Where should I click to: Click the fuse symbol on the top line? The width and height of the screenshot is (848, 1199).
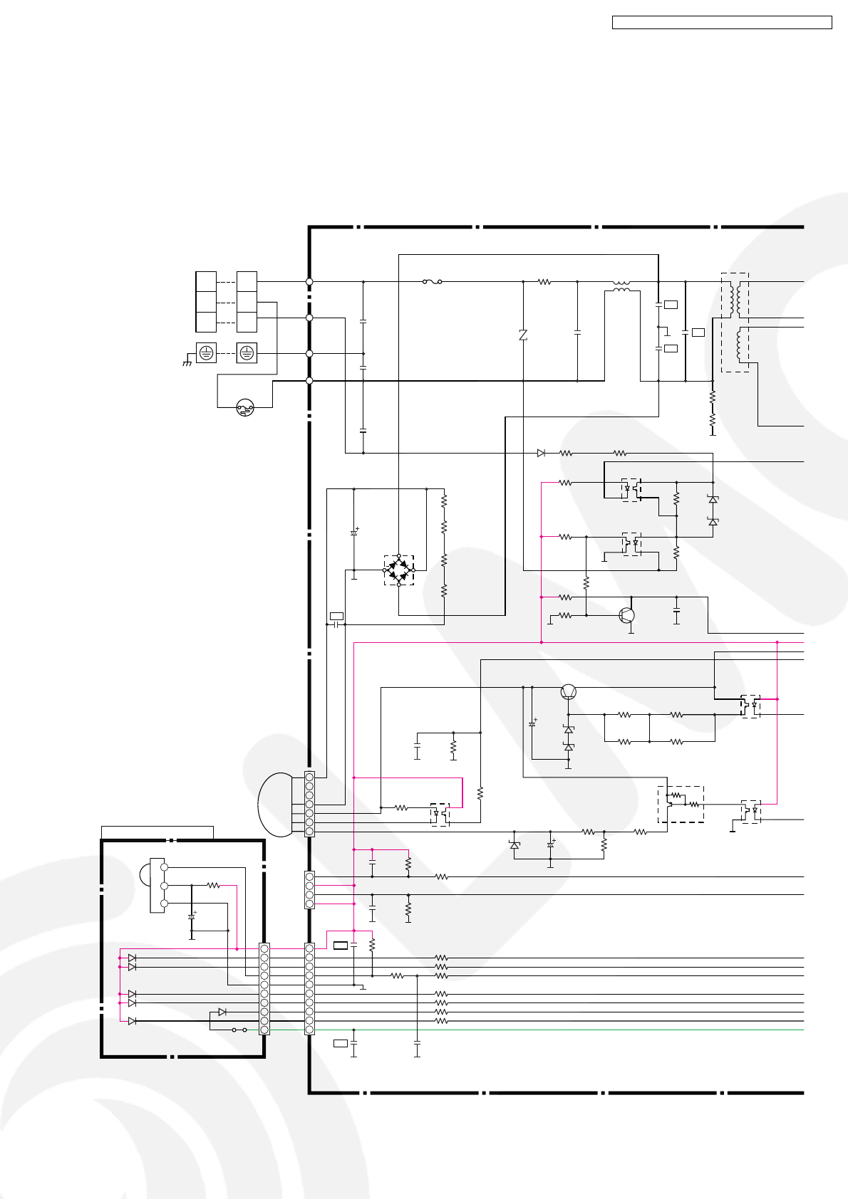pyautogui.click(x=432, y=282)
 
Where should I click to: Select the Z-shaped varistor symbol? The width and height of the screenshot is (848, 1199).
pyautogui.click(x=523, y=335)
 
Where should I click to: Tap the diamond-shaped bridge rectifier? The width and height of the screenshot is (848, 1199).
pyautogui.click(x=399, y=570)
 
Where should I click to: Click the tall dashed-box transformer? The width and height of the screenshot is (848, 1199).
pyautogui.click(x=735, y=323)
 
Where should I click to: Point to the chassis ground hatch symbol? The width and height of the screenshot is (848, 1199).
pyautogui.click(x=187, y=363)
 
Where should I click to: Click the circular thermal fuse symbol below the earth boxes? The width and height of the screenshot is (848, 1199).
pyautogui.click(x=245, y=408)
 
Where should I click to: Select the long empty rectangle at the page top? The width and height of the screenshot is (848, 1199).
pyautogui.click(x=722, y=23)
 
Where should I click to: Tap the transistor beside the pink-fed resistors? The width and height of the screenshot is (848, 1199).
pyautogui.click(x=626, y=615)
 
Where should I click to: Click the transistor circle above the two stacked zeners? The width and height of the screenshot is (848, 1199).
pyautogui.click(x=569, y=691)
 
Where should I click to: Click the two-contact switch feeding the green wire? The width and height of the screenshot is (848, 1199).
pyautogui.click(x=239, y=1030)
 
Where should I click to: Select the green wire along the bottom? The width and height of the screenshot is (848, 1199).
pyautogui.click(x=556, y=1030)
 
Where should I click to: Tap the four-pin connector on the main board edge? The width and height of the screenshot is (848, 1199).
pyautogui.click(x=309, y=890)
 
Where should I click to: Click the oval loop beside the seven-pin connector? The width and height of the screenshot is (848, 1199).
pyautogui.click(x=275, y=805)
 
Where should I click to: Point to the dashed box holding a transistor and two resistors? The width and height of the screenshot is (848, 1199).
pyautogui.click(x=681, y=804)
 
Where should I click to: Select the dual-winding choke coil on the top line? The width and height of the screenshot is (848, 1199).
pyautogui.click(x=621, y=286)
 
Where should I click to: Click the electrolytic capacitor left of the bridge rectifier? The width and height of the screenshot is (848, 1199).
pyautogui.click(x=354, y=532)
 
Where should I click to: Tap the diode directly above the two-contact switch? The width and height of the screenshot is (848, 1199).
pyautogui.click(x=222, y=1012)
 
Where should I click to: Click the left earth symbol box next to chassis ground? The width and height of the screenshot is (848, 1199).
pyautogui.click(x=206, y=352)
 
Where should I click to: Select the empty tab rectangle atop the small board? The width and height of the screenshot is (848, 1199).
pyautogui.click(x=157, y=832)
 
